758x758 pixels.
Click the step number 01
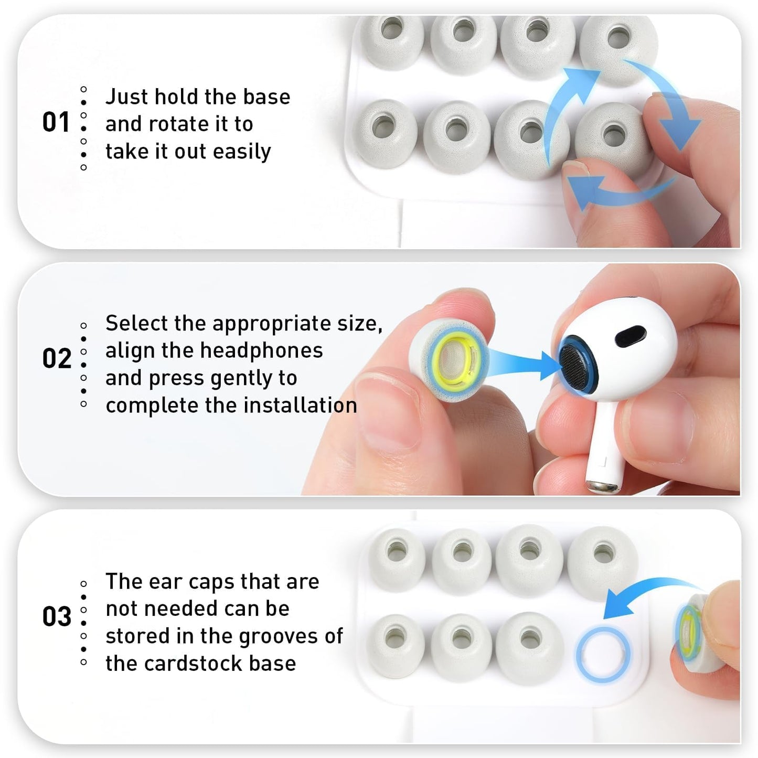56,122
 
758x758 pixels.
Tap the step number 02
56,359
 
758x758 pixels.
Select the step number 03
56,617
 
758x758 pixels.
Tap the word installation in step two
300,405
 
